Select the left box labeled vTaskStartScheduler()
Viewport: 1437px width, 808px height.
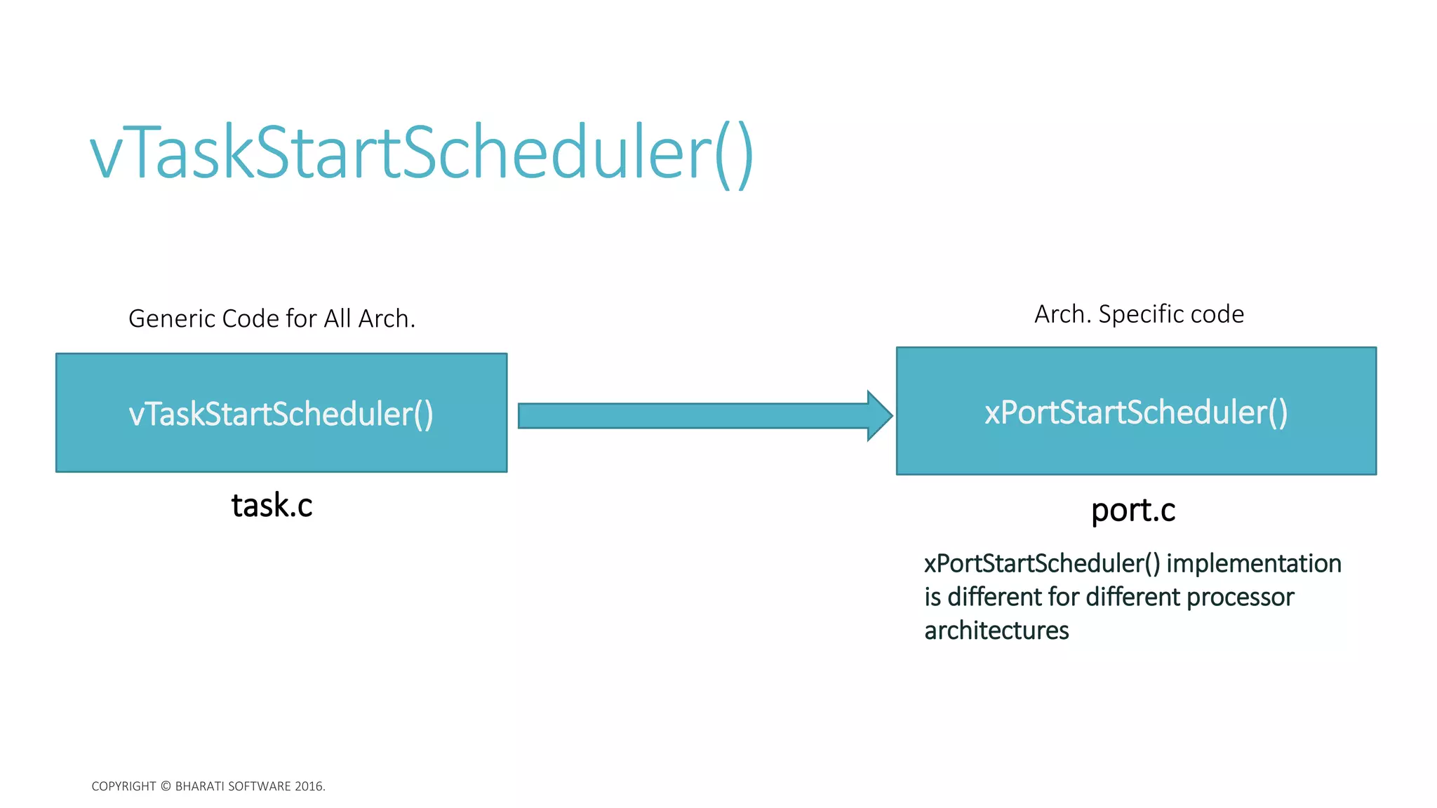click(x=281, y=413)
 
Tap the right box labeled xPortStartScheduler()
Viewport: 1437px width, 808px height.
click(x=1136, y=412)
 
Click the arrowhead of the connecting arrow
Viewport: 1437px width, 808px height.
click(x=879, y=416)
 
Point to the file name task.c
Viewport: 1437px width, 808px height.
click(x=272, y=506)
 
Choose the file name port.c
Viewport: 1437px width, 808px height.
click(x=1132, y=510)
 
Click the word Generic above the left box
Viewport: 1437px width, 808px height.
click(x=172, y=319)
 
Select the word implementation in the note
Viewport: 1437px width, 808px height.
click(x=1253, y=563)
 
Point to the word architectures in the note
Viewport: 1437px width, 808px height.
click(x=996, y=631)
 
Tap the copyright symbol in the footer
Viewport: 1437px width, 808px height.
click(x=166, y=786)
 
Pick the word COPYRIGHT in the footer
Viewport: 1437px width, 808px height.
click(x=123, y=786)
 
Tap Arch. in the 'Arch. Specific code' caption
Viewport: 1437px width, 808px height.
click(x=1062, y=314)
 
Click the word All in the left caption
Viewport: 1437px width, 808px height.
click(x=337, y=319)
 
